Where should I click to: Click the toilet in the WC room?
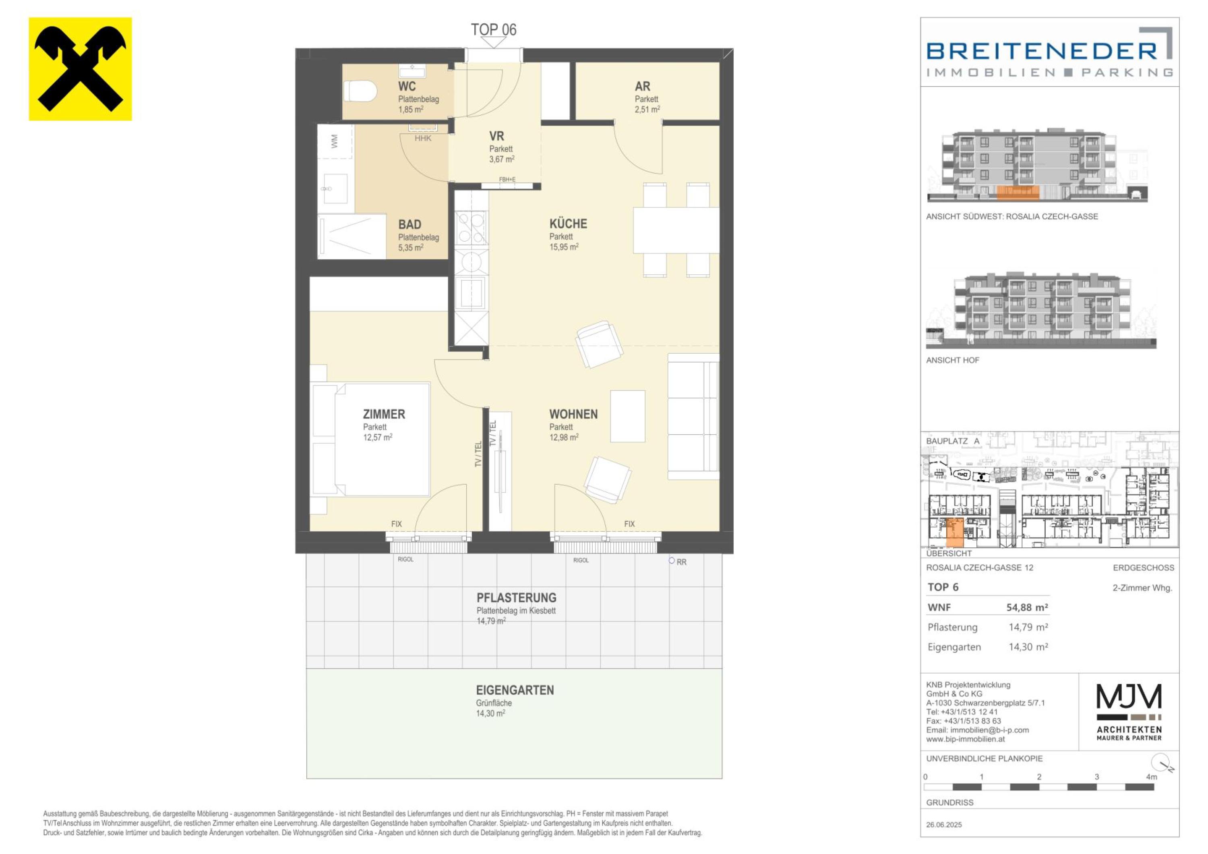pos(361,91)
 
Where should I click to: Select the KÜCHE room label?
pos(568,224)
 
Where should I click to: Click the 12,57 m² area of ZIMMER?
pos(378,437)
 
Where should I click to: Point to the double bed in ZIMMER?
pos(371,439)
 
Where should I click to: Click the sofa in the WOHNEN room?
pos(693,416)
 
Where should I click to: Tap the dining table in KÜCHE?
pos(676,230)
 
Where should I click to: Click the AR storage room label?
pos(642,86)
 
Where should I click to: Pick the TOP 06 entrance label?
pos(494,29)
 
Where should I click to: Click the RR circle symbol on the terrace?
pos(671,561)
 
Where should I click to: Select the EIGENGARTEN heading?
pos(515,690)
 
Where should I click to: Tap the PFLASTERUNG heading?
pos(517,598)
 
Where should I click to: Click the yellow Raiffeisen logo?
pos(80,69)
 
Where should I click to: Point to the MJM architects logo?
pos(1129,711)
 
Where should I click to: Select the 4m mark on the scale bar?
pos(1151,777)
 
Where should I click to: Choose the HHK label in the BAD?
pos(423,139)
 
